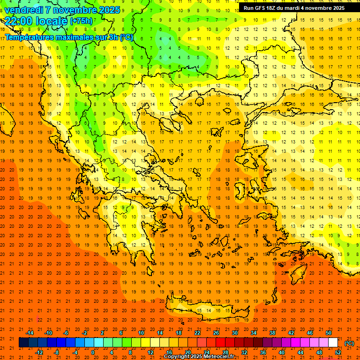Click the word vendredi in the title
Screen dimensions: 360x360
pyautogui.click(x=23, y=10)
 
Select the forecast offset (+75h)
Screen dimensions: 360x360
pyautogui.click(x=81, y=21)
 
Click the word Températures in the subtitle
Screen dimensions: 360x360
pyautogui.click(x=28, y=37)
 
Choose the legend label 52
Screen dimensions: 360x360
pyautogui.click(x=338, y=352)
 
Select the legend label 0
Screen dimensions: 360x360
pyautogui.click(x=92, y=352)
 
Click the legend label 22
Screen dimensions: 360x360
pyautogui.click(x=197, y=333)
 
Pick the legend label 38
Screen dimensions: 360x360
pyautogui.click(x=272, y=333)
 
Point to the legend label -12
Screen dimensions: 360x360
pyautogui.click(x=39, y=352)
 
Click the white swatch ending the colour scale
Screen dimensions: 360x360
pyautogui.click(x=333, y=343)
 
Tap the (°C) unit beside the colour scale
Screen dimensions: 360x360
pyautogui.click(x=349, y=343)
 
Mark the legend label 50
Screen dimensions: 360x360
pyautogui.click(x=328, y=333)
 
